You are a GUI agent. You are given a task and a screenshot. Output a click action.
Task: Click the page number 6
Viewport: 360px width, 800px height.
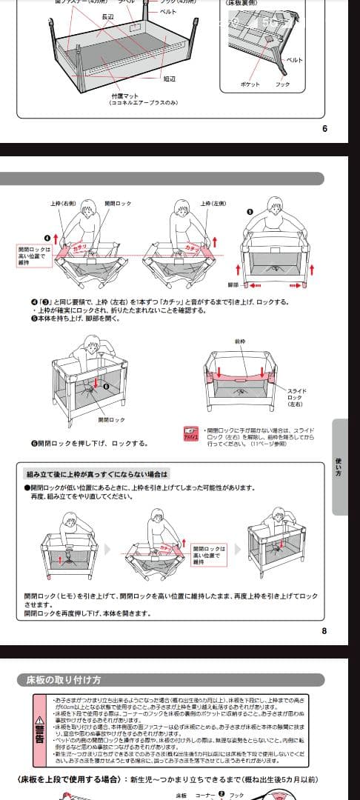coord(324,128)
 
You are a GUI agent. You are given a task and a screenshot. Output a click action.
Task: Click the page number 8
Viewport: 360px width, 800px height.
coord(324,631)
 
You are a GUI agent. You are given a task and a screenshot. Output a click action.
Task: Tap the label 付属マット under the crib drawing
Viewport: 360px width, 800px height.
coord(125,96)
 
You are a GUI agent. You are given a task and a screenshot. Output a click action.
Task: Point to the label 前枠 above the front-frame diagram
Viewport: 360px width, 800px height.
coord(239,342)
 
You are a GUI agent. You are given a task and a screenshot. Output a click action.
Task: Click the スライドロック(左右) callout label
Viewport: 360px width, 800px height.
coord(296,397)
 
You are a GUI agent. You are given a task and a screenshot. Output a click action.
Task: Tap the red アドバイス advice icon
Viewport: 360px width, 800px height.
coord(191,434)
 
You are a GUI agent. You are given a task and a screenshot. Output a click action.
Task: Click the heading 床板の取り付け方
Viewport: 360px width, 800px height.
coord(64,679)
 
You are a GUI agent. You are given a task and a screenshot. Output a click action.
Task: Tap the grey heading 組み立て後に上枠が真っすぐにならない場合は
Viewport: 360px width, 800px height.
coord(98,473)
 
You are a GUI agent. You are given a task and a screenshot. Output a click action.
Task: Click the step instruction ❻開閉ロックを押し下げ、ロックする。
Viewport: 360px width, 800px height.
coord(89,443)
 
